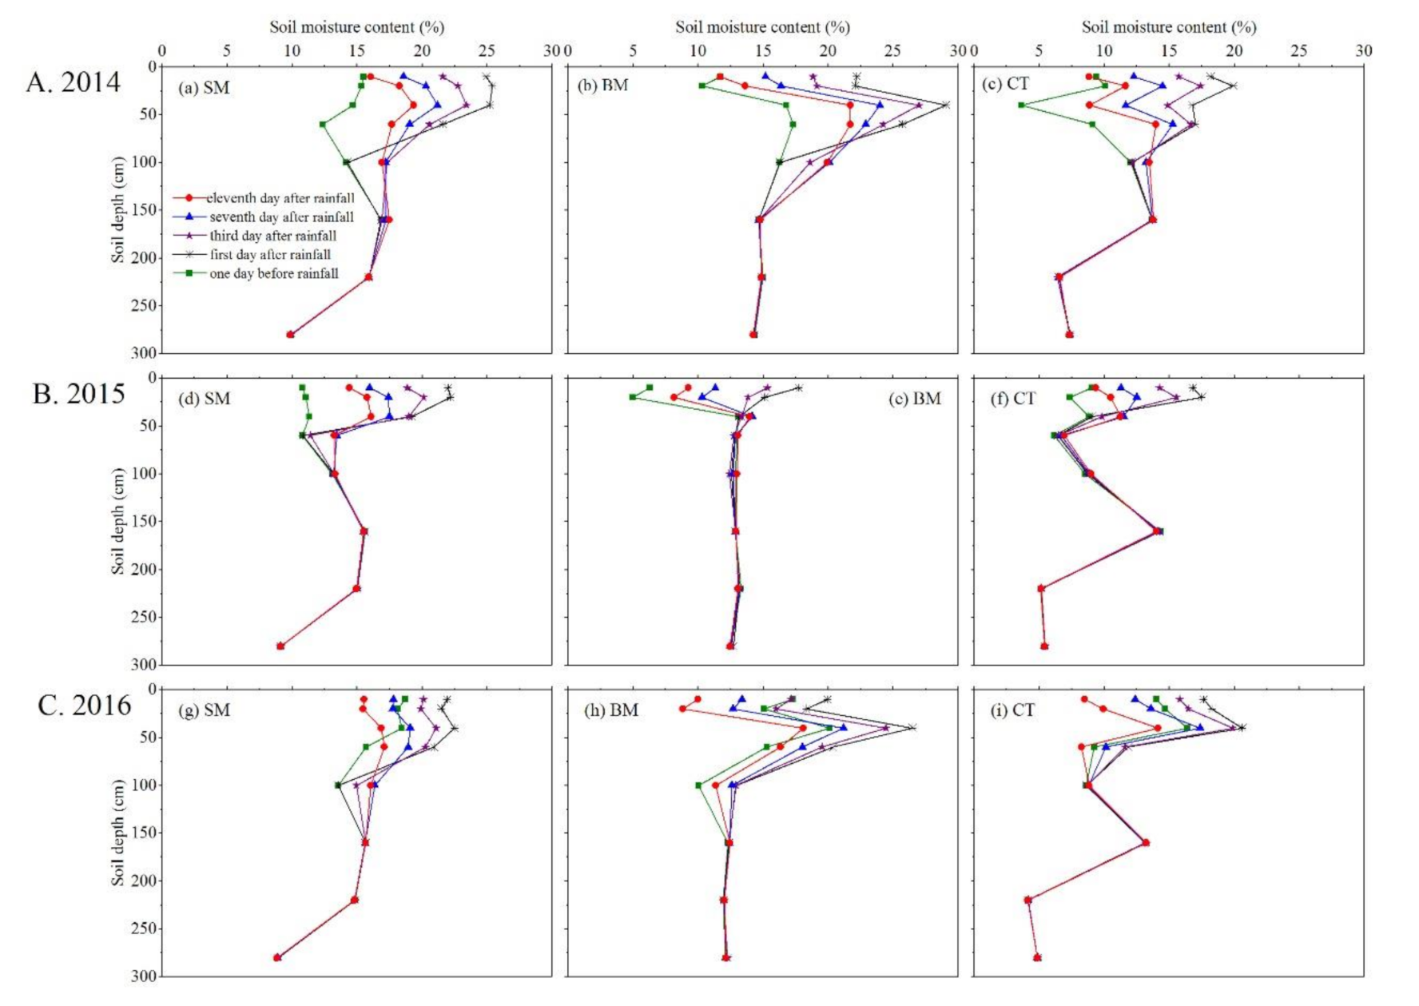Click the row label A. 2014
coord(73,82)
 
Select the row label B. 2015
coord(78,394)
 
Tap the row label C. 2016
coord(84,706)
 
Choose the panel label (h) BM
coord(610,710)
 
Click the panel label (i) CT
coord(1012,710)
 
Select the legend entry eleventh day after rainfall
coord(280,198)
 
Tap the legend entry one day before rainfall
coord(273,273)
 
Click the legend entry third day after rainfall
coord(272,236)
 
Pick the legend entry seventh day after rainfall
coord(281,217)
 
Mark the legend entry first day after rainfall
coord(270,255)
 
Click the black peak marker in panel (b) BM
coord(946,105)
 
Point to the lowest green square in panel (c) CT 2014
coord(1021,105)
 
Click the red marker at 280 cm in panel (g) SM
coord(277,957)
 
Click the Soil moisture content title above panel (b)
coord(762,27)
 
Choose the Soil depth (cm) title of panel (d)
coord(118,521)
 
